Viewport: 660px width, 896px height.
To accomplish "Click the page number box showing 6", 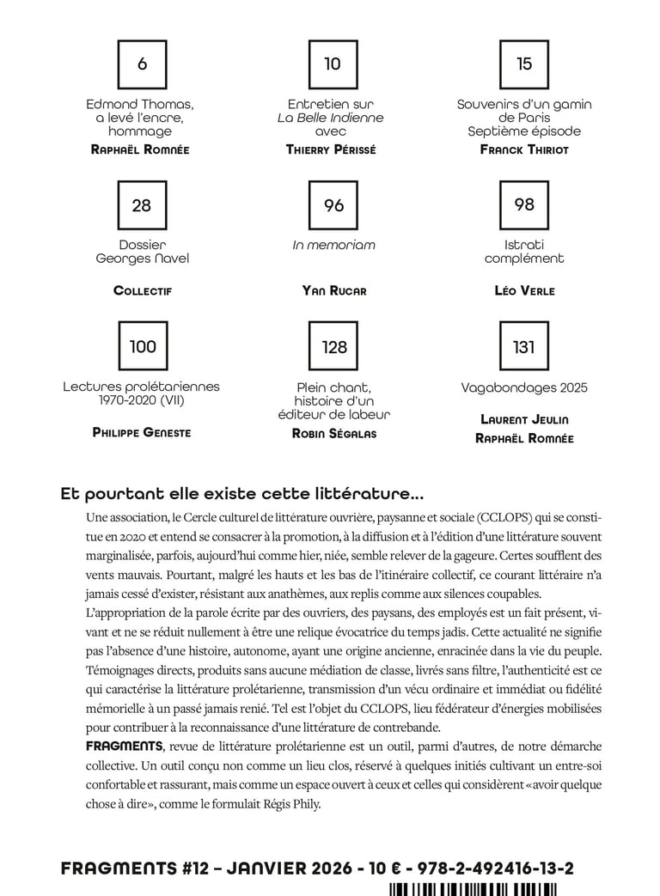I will point(142,64).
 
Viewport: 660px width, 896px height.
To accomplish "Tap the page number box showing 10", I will point(333,64).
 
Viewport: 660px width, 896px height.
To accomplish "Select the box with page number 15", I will point(524,64).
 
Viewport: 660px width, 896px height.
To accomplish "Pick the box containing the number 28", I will point(142,205).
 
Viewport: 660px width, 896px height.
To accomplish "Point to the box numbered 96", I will point(333,205).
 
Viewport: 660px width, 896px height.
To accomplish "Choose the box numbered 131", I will point(524,347).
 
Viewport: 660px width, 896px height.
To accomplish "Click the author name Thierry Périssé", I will point(331,149).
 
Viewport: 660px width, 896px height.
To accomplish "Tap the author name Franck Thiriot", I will point(524,149).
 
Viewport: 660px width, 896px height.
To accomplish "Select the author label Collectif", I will point(143,291).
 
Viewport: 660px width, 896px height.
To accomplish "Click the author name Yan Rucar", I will point(334,291).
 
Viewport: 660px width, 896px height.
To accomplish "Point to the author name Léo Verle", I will point(524,291).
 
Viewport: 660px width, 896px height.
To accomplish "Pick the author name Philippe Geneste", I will point(142,433).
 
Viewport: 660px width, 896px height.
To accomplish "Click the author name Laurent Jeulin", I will point(524,420).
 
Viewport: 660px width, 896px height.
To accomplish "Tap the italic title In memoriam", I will point(334,245).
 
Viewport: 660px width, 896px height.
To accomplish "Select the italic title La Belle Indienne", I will point(330,118).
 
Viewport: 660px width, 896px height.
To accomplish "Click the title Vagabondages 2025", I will point(524,387).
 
